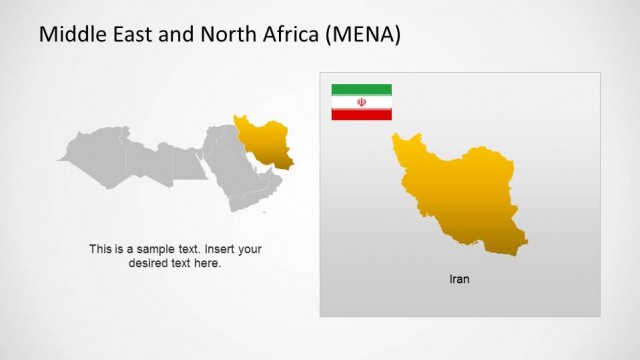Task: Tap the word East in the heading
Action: pos(133,36)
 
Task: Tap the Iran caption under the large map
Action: pos(459,279)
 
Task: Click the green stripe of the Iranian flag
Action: pos(361,89)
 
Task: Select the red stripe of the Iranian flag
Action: pos(361,115)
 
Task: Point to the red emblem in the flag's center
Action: pos(361,102)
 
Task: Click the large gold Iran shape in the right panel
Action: pos(455,195)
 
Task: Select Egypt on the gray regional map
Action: pos(187,160)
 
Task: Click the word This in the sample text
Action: pos(101,249)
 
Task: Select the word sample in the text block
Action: pos(158,249)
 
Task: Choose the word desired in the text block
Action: pos(149,263)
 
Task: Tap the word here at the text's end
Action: pos(209,263)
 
